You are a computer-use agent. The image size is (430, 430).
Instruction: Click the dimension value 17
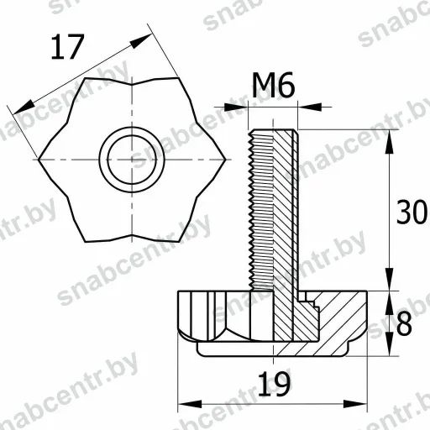(67, 47)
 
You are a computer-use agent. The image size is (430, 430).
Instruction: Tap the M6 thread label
(274, 85)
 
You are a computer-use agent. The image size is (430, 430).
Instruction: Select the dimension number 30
(412, 212)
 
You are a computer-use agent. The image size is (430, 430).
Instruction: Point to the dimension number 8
(404, 323)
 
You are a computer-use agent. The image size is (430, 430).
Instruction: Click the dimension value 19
(274, 384)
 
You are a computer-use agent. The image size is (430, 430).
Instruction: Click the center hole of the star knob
(132, 160)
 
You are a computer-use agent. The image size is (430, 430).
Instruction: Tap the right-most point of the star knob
(225, 160)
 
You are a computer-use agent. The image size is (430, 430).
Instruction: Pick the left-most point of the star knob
(39, 160)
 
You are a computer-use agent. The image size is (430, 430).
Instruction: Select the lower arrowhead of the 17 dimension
(24, 107)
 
